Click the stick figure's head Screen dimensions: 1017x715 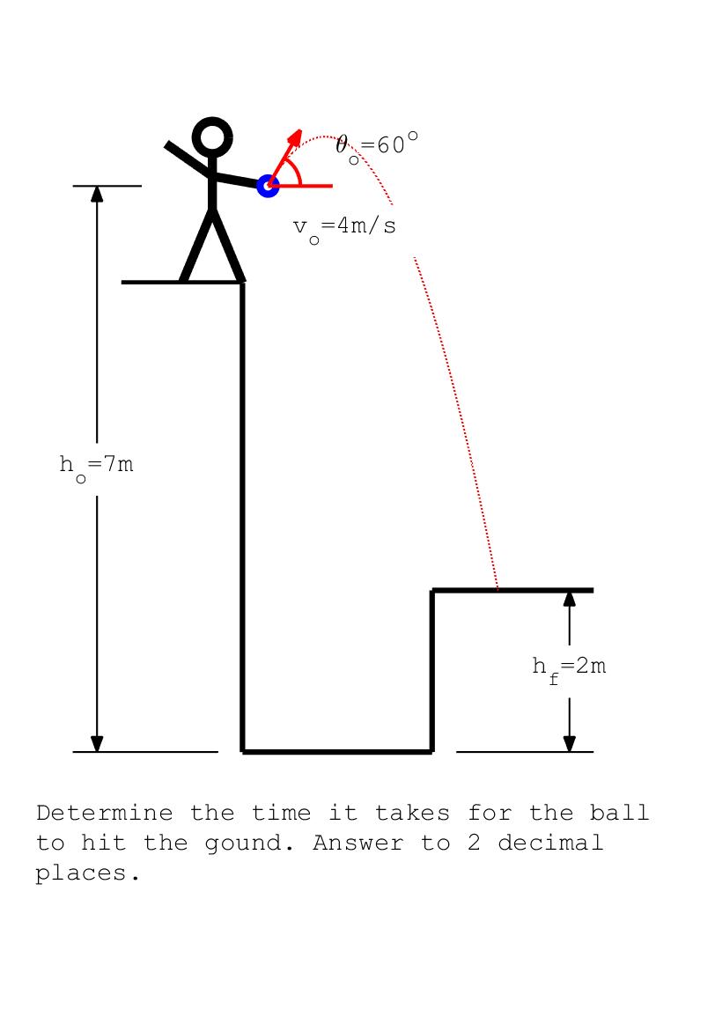click(212, 137)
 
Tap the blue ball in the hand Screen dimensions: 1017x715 click(268, 186)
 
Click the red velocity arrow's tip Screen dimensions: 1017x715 click(299, 133)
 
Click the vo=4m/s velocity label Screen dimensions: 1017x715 click(344, 227)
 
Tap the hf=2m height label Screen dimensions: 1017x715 click(569, 667)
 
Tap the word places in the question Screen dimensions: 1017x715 click(88, 874)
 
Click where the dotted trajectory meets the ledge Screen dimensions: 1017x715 click(498, 588)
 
